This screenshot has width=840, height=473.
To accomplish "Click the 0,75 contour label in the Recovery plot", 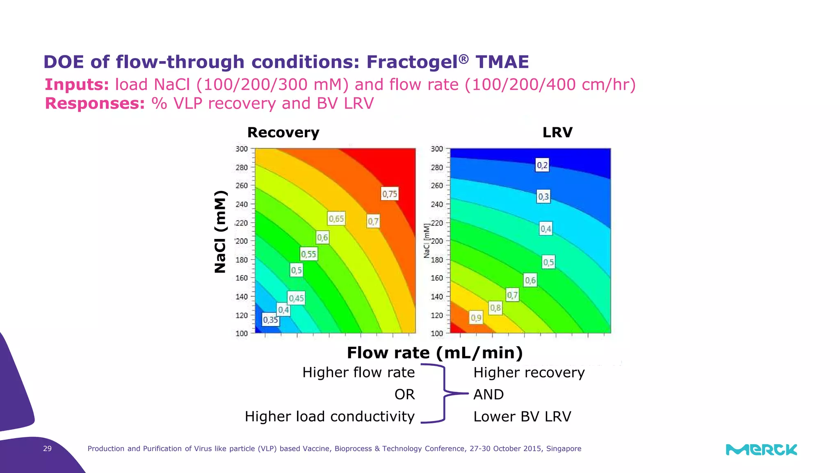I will click(390, 194).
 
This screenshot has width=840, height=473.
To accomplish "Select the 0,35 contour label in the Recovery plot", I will click(271, 319).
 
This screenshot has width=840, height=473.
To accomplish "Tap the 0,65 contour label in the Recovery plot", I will click(336, 218).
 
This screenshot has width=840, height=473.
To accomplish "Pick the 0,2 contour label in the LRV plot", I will click(542, 165).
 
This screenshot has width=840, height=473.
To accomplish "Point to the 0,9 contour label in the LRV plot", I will click(476, 317).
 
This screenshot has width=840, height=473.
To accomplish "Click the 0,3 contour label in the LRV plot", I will click(543, 196).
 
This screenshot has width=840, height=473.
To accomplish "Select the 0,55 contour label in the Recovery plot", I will click(308, 254).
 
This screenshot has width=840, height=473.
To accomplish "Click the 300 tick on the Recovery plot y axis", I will click(242, 149).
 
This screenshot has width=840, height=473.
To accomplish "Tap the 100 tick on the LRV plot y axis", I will click(437, 333).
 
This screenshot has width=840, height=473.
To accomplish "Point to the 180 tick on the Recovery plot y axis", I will click(242, 259).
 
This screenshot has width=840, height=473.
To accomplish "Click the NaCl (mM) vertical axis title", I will click(220, 232).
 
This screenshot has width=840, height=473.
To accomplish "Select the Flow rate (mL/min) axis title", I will click(435, 353).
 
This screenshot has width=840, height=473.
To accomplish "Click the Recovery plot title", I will click(283, 132).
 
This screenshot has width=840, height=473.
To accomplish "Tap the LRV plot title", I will click(557, 132).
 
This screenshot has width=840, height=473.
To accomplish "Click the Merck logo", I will click(761, 450).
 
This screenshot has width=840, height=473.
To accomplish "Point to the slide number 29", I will click(47, 448).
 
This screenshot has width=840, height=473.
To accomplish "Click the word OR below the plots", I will click(404, 394).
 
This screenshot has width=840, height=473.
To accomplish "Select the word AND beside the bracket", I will click(488, 394).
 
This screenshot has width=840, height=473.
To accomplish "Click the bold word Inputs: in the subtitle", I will click(77, 85).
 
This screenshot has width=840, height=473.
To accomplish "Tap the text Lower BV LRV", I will click(522, 416).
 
